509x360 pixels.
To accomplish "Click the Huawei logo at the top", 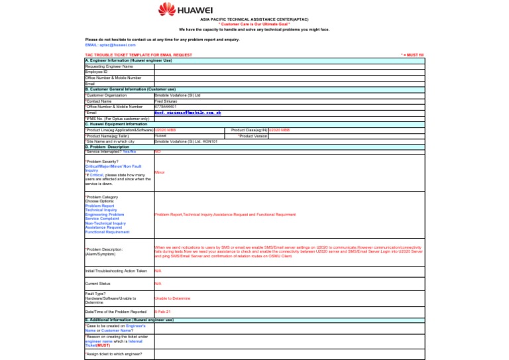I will click(x=185, y=9).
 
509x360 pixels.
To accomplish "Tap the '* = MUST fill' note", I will click(x=412, y=55).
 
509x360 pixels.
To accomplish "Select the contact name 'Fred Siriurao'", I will click(x=166, y=101).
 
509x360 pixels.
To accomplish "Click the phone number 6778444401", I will click(x=166, y=106).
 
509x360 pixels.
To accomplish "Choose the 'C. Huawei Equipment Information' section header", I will click(x=117, y=124).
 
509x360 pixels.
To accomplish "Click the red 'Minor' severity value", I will click(x=159, y=172).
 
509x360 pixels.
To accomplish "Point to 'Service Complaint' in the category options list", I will click(x=103, y=219).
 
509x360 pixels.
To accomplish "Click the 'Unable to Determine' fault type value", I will click(x=172, y=299).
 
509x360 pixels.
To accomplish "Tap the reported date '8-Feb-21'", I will click(x=162, y=312).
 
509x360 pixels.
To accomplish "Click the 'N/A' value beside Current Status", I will click(x=157, y=284).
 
